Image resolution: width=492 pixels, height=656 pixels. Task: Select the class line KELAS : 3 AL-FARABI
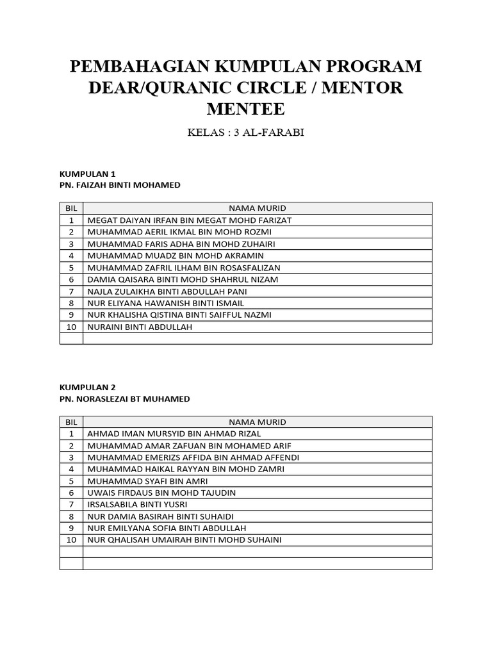click(x=246, y=133)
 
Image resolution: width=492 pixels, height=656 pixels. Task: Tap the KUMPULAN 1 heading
click(x=87, y=173)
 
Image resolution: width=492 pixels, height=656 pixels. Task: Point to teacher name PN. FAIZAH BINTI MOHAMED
click(x=120, y=185)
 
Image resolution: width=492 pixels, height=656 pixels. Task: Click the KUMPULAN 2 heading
click(x=87, y=387)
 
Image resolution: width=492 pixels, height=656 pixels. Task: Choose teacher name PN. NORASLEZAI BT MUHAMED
click(x=124, y=399)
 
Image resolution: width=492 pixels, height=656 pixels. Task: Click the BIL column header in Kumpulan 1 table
click(x=71, y=208)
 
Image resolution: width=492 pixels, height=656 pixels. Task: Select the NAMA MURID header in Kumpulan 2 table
click(x=258, y=422)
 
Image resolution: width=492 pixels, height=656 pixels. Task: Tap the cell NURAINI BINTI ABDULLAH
click(x=140, y=327)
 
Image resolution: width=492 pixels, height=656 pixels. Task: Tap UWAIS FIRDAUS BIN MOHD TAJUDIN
click(x=161, y=493)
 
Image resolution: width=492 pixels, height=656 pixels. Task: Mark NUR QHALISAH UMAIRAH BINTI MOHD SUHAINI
click(x=184, y=540)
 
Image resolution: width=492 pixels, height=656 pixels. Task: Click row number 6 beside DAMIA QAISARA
click(x=71, y=279)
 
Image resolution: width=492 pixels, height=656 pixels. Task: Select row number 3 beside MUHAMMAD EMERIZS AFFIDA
click(x=71, y=457)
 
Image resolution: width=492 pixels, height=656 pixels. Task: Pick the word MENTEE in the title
click(x=245, y=109)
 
